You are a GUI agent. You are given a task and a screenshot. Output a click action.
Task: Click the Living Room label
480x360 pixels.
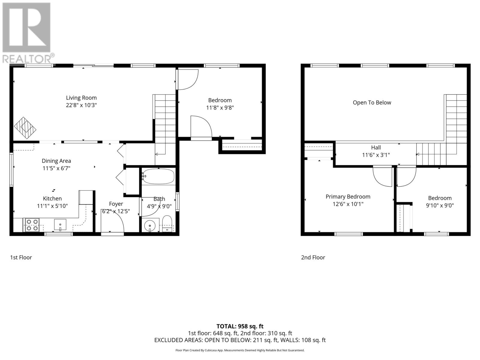81,97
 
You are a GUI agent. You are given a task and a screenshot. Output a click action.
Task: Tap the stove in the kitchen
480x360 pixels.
32,225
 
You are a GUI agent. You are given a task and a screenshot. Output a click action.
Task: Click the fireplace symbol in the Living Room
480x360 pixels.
25,128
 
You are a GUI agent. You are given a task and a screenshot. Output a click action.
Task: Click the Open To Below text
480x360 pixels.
372,103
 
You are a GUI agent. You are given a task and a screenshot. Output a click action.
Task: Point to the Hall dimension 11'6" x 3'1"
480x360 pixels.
376,155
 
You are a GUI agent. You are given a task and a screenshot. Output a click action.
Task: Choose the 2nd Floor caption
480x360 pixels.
313,257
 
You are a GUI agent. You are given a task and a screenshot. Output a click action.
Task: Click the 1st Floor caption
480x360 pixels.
21,257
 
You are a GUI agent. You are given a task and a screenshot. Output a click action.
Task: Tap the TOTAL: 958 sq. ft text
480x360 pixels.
240,326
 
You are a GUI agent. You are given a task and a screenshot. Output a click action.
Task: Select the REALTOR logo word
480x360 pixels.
27,58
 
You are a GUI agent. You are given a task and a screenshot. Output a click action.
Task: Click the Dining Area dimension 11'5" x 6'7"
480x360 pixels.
56,168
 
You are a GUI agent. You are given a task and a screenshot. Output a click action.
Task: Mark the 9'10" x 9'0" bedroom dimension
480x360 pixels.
440,205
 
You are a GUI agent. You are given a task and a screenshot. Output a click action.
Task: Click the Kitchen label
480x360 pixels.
52,198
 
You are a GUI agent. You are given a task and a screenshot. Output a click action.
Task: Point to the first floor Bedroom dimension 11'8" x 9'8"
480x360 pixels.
220,108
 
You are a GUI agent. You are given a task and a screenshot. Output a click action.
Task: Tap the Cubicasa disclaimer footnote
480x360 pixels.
240,350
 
